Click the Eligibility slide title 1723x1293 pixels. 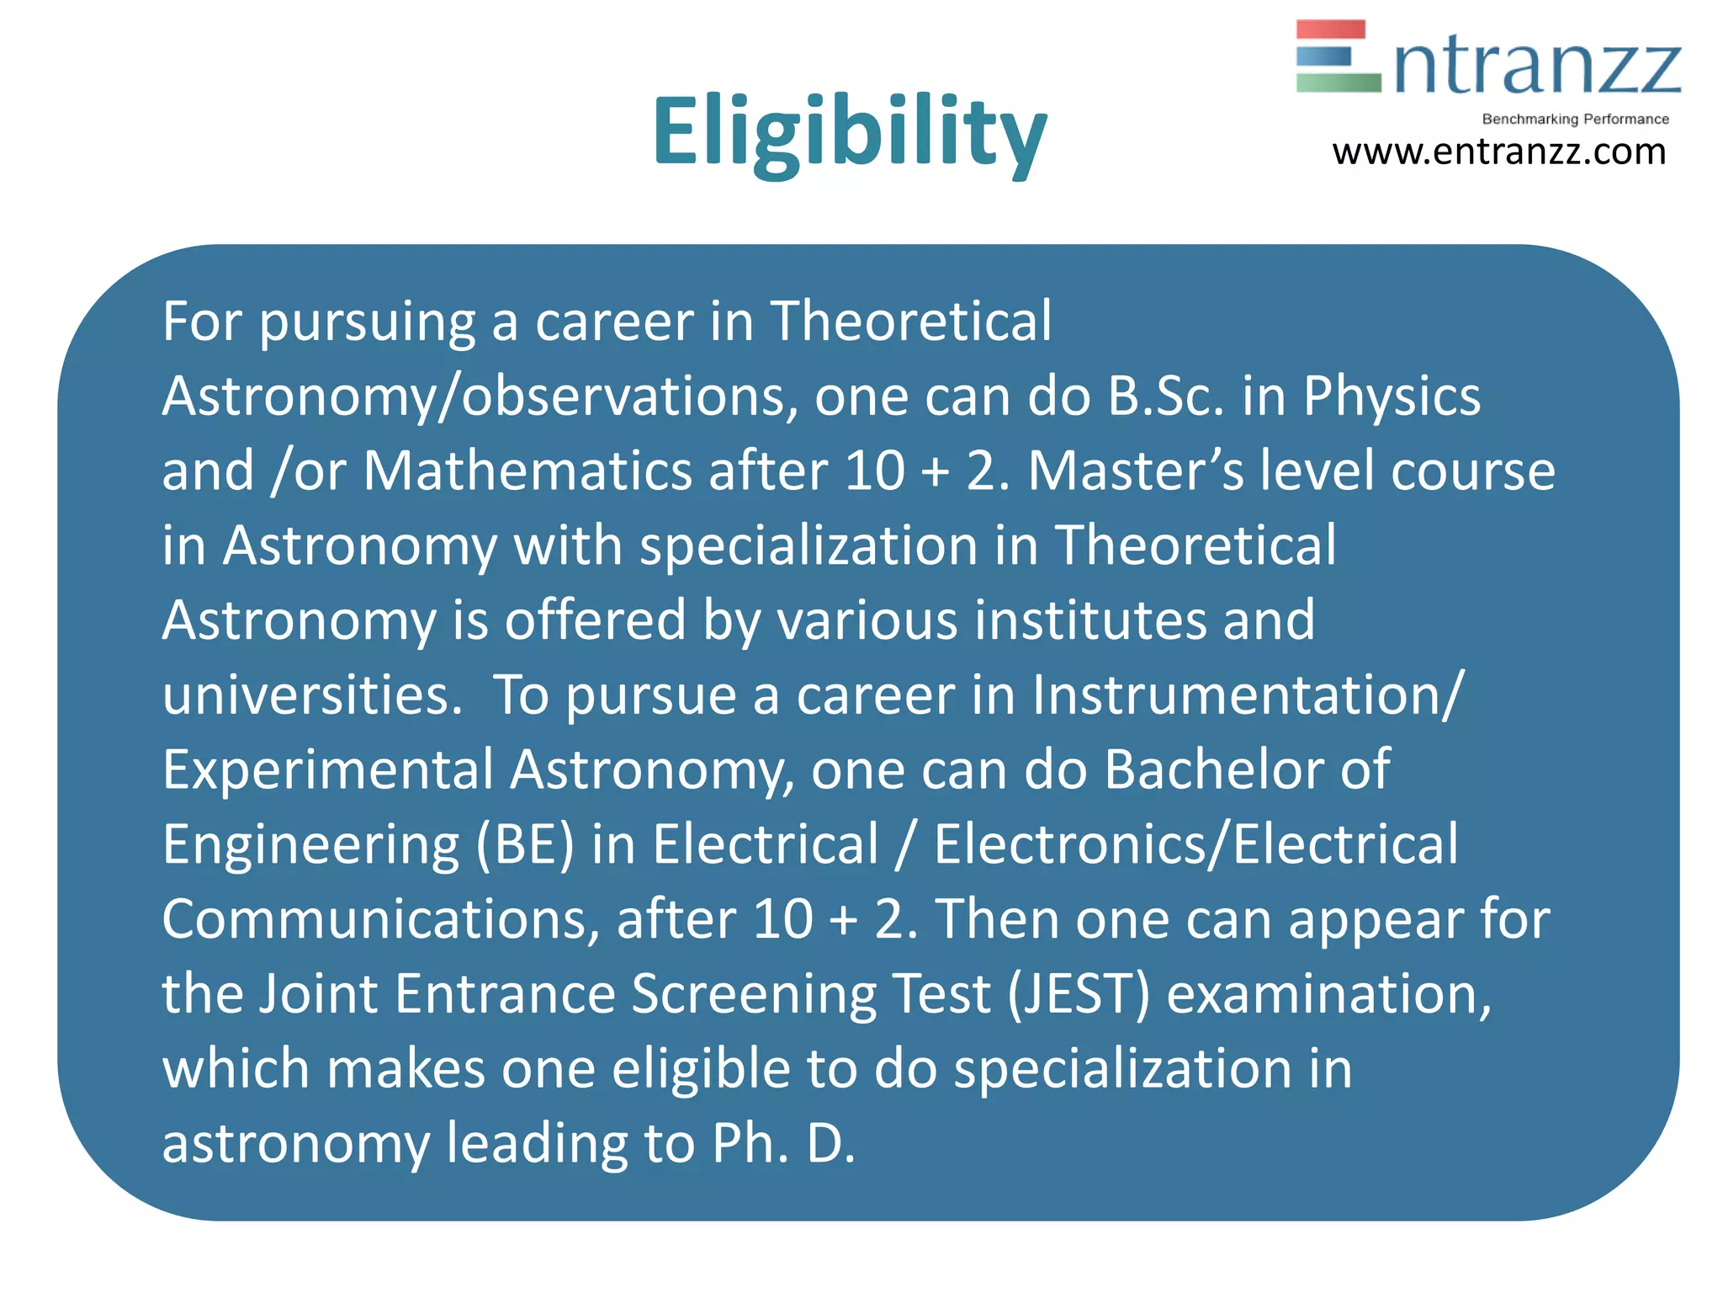pos(850,133)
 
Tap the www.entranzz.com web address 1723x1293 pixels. pos(1498,152)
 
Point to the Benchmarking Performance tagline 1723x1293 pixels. pos(1575,120)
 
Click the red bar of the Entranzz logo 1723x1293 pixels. pos(1330,29)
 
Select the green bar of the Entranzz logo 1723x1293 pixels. pos(1338,82)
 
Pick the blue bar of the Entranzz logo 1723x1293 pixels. pos(1323,56)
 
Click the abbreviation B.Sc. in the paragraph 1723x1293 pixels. pos(1166,396)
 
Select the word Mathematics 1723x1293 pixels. pos(528,471)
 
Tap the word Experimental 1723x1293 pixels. pos(328,770)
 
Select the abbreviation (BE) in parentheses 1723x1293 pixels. pos(525,844)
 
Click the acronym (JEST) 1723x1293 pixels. pos(1079,994)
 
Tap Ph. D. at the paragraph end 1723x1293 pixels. pos(783,1144)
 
